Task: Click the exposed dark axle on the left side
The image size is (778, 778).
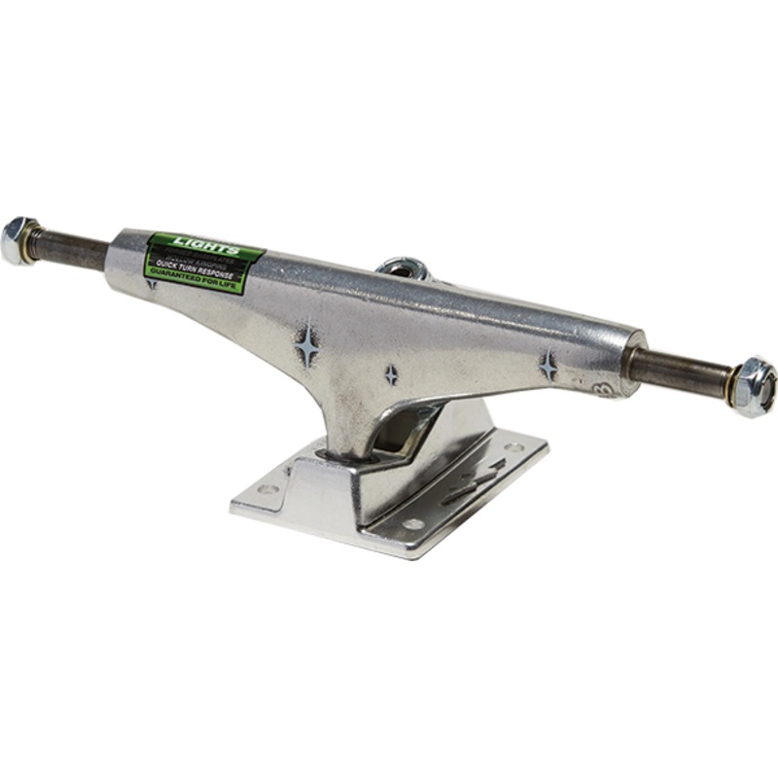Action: (72, 250)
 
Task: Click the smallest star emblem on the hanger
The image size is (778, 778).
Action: (391, 374)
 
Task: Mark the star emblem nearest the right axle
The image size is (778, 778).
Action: (548, 366)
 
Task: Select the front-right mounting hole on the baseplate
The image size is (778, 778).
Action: (414, 524)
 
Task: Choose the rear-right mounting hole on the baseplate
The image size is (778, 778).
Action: (512, 447)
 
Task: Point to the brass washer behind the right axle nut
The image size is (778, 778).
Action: (731, 383)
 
